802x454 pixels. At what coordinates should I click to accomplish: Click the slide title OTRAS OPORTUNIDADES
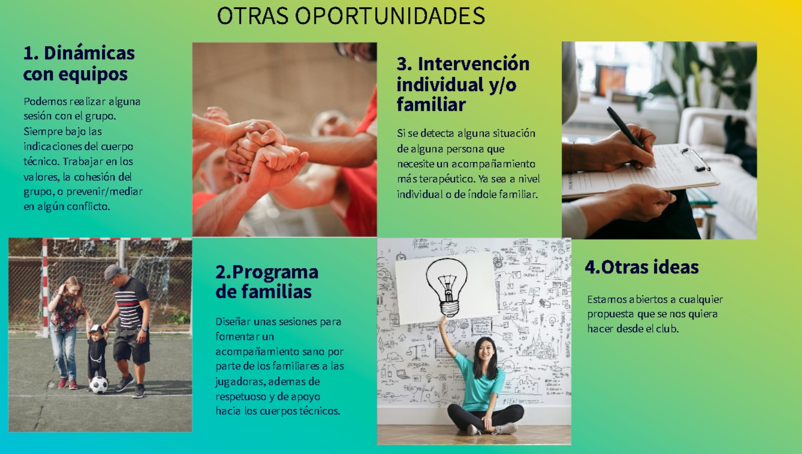point(351,16)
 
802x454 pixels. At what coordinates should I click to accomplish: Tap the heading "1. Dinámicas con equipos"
point(79,64)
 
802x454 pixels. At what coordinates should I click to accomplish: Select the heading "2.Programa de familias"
point(267,282)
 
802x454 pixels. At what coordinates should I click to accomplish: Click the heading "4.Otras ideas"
point(641,267)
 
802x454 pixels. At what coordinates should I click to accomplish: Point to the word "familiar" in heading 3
point(431,104)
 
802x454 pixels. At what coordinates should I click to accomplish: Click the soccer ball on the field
point(98,385)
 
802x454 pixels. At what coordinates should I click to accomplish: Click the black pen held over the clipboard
point(626,130)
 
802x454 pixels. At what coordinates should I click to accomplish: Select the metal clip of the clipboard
point(695,160)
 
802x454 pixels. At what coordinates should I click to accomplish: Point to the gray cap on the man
point(114,272)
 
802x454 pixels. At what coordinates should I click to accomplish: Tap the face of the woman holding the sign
point(484,351)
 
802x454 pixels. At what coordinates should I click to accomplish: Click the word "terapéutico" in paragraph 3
point(445,179)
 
